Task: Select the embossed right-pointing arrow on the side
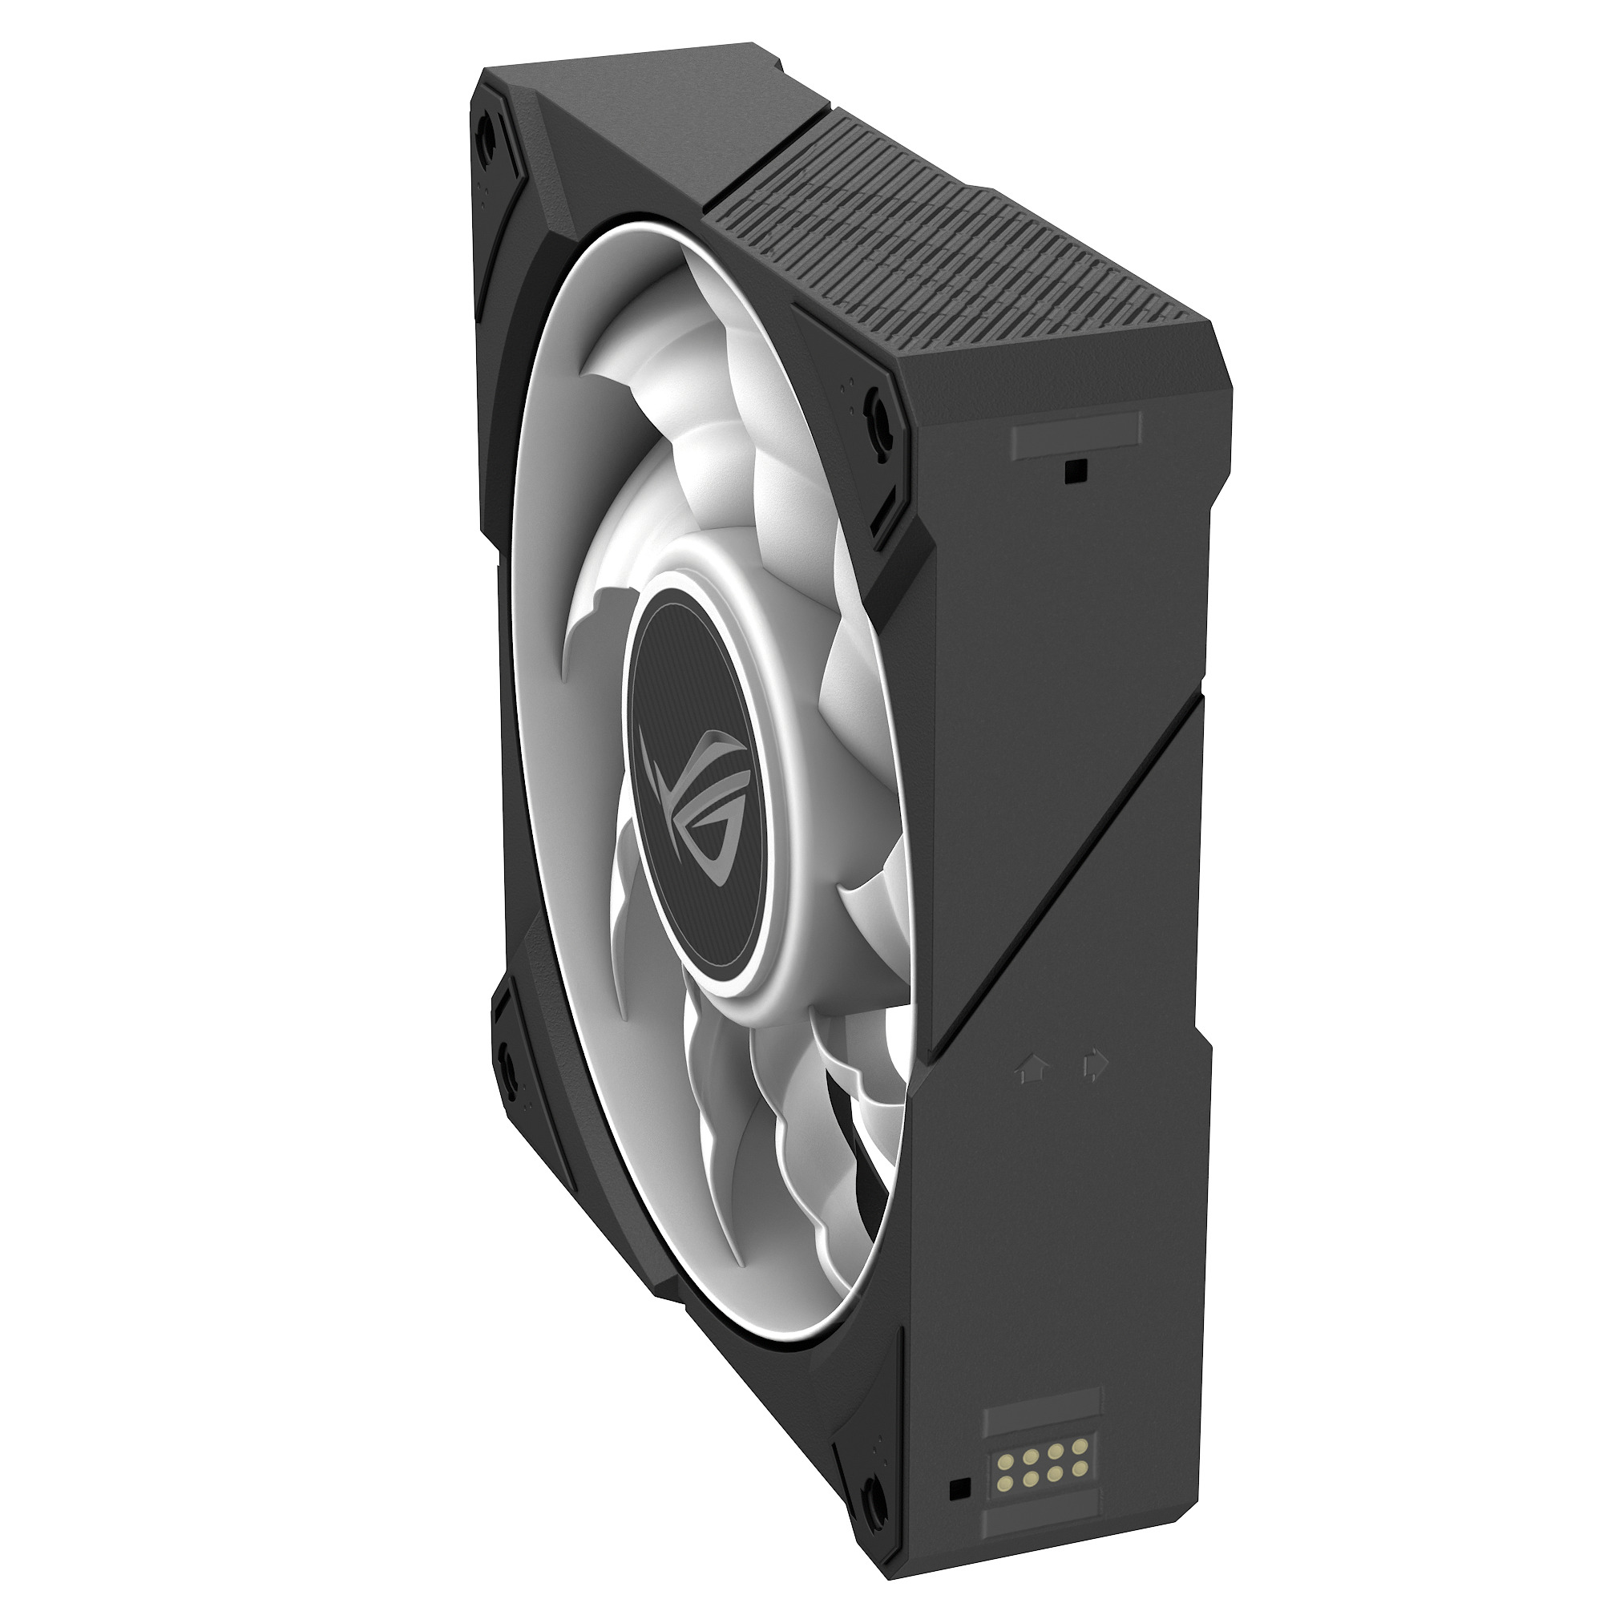[1094, 1066]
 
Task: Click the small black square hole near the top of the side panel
[1076, 470]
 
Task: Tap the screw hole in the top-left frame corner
[487, 131]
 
